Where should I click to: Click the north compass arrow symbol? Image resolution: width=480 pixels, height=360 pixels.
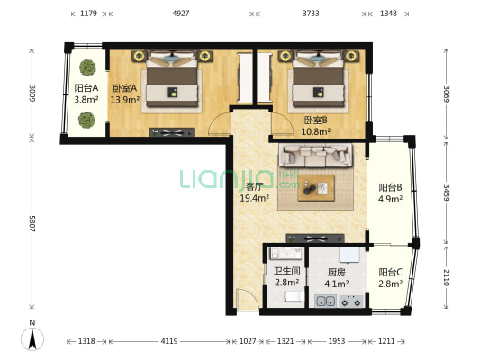(x=32, y=339)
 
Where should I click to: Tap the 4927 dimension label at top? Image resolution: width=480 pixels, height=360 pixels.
(x=181, y=13)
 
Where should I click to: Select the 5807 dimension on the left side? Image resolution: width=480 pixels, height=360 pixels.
(x=32, y=223)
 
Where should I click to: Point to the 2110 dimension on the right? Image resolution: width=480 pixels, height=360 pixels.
(x=447, y=277)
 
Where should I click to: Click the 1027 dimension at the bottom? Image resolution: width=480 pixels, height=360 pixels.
(x=248, y=341)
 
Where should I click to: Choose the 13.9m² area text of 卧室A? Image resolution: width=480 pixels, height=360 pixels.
(x=125, y=100)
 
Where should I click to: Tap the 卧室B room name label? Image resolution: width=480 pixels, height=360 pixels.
(x=315, y=121)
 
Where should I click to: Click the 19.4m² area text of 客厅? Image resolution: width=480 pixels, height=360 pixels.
(x=254, y=198)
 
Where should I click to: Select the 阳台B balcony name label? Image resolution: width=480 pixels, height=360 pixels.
(x=390, y=187)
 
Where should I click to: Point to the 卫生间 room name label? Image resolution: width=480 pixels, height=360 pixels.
(x=286, y=271)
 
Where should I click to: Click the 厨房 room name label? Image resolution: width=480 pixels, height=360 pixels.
(x=337, y=272)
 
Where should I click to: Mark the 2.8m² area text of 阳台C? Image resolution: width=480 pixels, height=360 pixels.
(x=390, y=283)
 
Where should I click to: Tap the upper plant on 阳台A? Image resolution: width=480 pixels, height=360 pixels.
(x=88, y=67)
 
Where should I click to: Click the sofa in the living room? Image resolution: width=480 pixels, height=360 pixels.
(x=315, y=156)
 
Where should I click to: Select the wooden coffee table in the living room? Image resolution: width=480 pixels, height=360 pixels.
(x=316, y=188)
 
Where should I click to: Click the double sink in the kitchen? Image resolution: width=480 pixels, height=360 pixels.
(x=325, y=301)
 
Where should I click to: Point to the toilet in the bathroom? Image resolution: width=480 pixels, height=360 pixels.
(x=294, y=296)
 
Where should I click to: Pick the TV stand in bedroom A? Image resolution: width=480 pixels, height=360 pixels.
(x=172, y=132)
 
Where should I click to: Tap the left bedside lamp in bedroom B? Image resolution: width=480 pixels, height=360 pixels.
(x=285, y=56)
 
